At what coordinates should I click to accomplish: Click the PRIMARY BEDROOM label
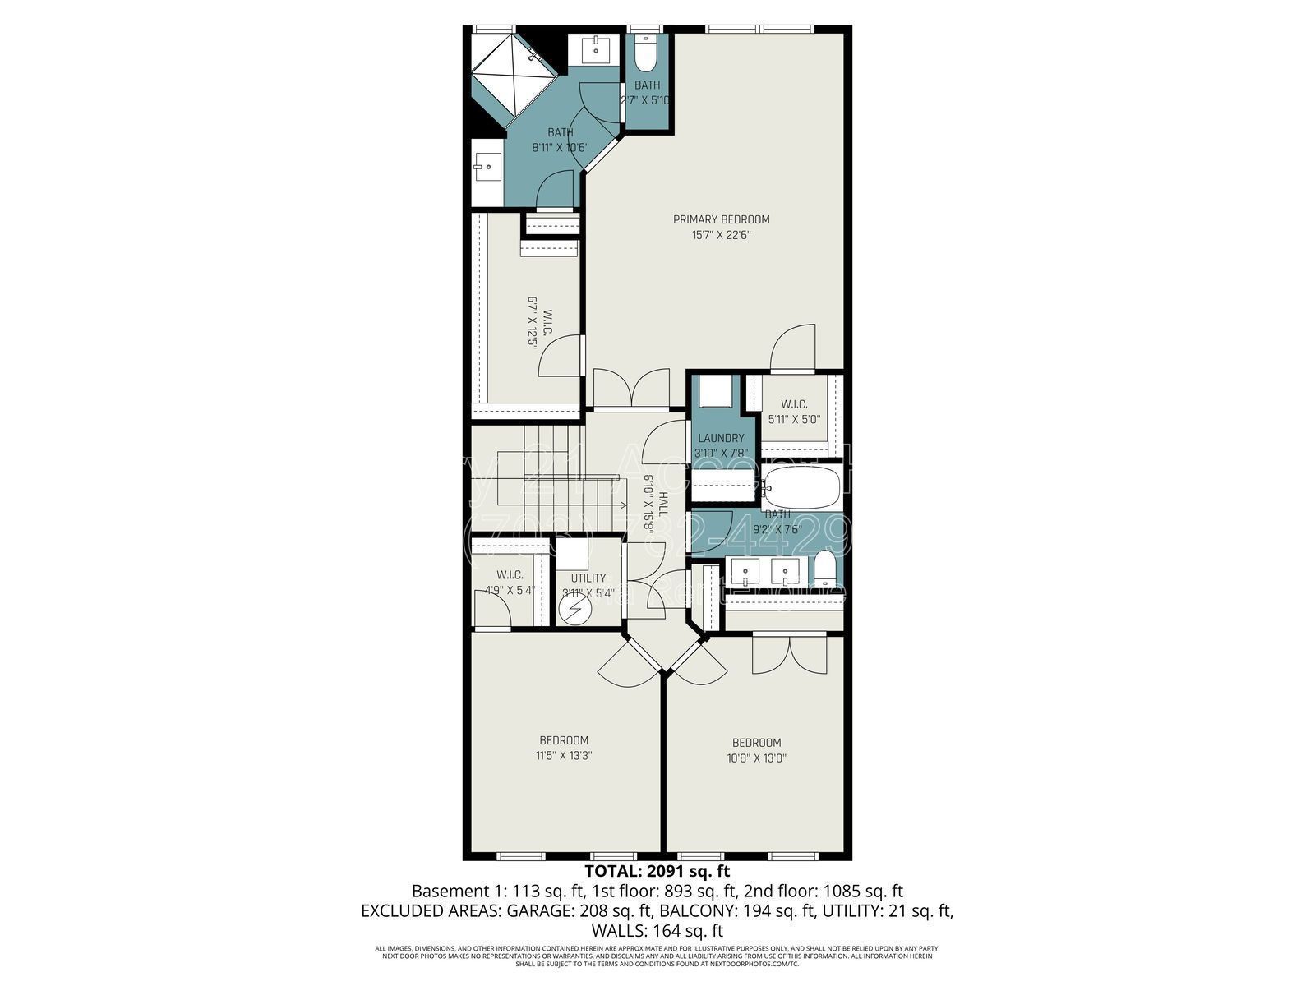pyautogui.click(x=721, y=219)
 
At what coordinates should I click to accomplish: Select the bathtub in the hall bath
pyautogui.click(x=802, y=487)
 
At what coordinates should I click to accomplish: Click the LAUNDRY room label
pyautogui.click(x=720, y=438)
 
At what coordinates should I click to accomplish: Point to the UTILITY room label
pyautogui.click(x=588, y=578)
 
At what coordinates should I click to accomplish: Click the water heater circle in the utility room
pyautogui.click(x=574, y=609)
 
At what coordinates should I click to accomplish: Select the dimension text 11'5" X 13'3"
pyautogui.click(x=564, y=756)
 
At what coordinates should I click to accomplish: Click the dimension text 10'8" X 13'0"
pyautogui.click(x=757, y=758)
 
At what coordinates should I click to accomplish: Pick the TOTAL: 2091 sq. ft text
pyautogui.click(x=657, y=871)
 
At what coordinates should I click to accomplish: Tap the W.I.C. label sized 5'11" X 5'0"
pyautogui.click(x=794, y=404)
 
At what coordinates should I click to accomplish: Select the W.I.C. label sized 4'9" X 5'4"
pyautogui.click(x=510, y=575)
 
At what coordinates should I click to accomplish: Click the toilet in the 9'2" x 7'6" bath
pyautogui.click(x=825, y=569)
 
